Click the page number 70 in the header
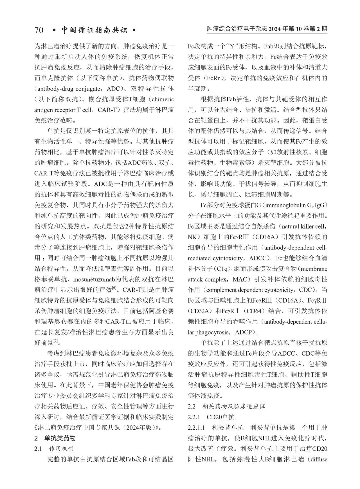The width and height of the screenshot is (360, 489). [x=39, y=30]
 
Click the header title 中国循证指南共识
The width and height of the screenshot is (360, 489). [x=94, y=30]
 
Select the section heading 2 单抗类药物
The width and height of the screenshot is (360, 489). [x=55, y=438]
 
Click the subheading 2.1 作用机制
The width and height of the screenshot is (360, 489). [x=54, y=448]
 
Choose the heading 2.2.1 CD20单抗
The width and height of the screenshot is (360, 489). [x=211, y=417]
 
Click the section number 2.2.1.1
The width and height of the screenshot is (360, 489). [x=197, y=428]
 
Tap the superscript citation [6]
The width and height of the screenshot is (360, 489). [x=114, y=288]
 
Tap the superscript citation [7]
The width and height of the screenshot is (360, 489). [x=56, y=341]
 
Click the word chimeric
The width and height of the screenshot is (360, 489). [x=163, y=99]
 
